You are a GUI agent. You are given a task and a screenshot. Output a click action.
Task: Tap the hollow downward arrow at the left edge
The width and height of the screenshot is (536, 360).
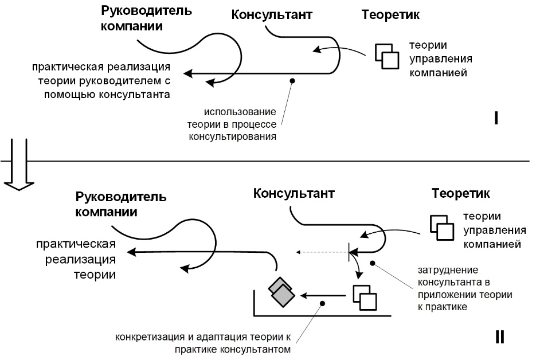pyautogui.click(x=11, y=169)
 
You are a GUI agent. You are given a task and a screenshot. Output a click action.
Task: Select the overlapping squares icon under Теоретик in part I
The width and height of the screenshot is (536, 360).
pyautogui.click(x=387, y=55)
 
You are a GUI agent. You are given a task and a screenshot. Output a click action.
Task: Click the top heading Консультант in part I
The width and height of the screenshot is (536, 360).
pyautogui.click(x=272, y=15)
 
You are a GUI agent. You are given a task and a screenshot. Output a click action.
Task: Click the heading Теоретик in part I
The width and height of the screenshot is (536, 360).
pyautogui.click(x=390, y=15)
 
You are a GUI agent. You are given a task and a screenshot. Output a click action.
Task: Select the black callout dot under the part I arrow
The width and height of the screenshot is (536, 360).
pyautogui.click(x=292, y=81)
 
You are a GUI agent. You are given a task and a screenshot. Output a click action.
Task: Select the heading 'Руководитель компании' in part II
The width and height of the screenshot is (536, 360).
pyautogui.click(x=121, y=204)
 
